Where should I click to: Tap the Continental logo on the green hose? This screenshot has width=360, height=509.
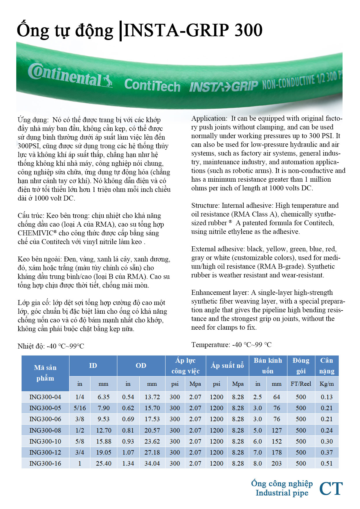pyautogui.click(x=70, y=75)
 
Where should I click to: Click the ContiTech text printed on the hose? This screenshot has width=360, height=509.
pyautogui.click(x=152, y=85)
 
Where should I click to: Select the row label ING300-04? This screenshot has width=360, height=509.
pyautogui.click(x=45, y=397)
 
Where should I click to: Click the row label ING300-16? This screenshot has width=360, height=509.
pyautogui.click(x=45, y=463)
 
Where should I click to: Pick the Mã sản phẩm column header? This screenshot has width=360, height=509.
pyautogui.click(x=45, y=373)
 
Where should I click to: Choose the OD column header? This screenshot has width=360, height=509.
pyautogui.click(x=141, y=366)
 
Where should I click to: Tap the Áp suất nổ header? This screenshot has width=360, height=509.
pyautogui.click(x=227, y=366)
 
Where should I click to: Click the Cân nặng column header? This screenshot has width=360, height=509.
pyautogui.click(x=327, y=366)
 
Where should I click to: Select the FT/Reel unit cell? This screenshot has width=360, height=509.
pyautogui.click(x=301, y=384)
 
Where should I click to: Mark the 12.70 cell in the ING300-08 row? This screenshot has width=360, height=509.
pyautogui.click(x=104, y=430)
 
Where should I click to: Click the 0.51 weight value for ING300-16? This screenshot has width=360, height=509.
pyautogui.click(x=327, y=463)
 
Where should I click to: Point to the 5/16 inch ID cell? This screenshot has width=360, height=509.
pyautogui.click(x=80, y=408)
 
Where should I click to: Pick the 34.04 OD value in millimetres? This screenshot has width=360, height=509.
pyautogui.click(x=152, y=463)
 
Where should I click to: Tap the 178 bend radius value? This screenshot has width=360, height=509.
pyautogui.click(x=276, y=452)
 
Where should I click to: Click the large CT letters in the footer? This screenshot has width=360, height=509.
pyautogui.click(x=331, y=489)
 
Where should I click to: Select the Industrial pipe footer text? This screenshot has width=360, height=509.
pyautogui.click(x=282, y=493)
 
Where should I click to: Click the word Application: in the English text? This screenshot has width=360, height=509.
pyautogui.click(x=209, y=118)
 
